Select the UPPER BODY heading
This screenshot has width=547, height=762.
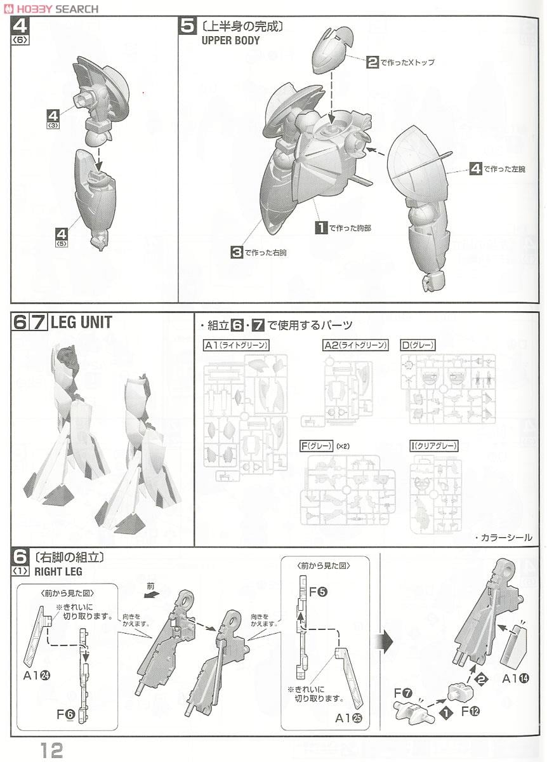coord(230,41)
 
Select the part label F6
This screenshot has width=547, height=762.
coord(65,714)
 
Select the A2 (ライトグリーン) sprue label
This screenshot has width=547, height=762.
coord(355,345)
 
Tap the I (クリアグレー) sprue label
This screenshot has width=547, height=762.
coord(434,446)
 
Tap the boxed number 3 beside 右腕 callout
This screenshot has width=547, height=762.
coord(237,253)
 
